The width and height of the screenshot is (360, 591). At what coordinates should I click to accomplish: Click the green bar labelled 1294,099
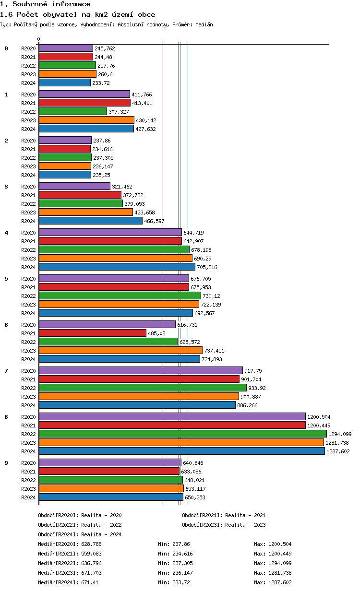pos(182,434)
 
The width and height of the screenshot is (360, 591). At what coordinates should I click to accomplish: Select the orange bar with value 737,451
pos(120,351)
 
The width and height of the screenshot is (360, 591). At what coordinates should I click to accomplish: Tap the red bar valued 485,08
pos(92,333)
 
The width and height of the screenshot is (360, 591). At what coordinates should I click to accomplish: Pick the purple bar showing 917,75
pos(141,371)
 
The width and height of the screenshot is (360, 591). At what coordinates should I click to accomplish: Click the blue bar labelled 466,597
pos(90,221)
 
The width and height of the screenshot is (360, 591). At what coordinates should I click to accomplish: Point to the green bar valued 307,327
pos(72,112)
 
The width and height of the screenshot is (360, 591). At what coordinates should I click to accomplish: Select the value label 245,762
pos(105,48)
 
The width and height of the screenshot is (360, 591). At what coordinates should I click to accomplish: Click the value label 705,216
pos(207,267)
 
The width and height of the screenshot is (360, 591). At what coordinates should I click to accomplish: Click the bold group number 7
pos(6,371)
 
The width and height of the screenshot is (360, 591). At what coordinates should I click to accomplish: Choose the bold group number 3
pos(6,187)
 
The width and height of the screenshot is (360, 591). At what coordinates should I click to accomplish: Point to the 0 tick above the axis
pos(39,39)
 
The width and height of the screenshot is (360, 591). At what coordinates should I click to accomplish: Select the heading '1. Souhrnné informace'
pos(45,4)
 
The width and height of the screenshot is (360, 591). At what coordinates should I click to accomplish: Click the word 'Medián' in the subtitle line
pos(204,24)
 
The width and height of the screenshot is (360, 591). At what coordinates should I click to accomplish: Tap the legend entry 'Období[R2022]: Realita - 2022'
pos(80,525)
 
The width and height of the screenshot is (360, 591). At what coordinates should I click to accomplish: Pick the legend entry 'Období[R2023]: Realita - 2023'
pos(224,525)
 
